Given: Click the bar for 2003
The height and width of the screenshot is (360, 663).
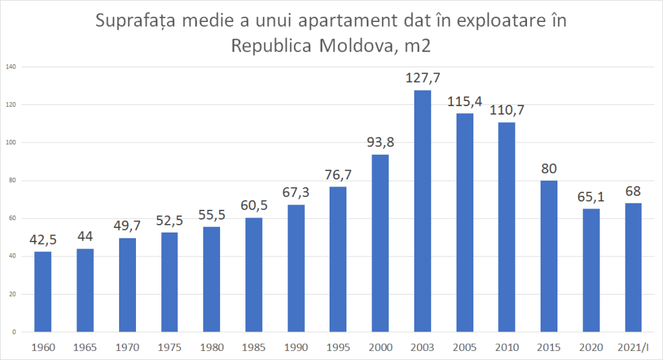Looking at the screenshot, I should tap(422, 211).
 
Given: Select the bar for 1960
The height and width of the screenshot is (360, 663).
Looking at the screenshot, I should tap(43, 291).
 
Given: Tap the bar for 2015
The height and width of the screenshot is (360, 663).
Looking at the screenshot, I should tap(548, 256).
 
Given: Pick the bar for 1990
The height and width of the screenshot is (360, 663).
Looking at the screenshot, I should tap(296, 268).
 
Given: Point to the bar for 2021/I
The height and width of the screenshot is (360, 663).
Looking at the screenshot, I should tap(633, 267).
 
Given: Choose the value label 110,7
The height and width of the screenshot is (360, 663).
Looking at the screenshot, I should tap(506, 110).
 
